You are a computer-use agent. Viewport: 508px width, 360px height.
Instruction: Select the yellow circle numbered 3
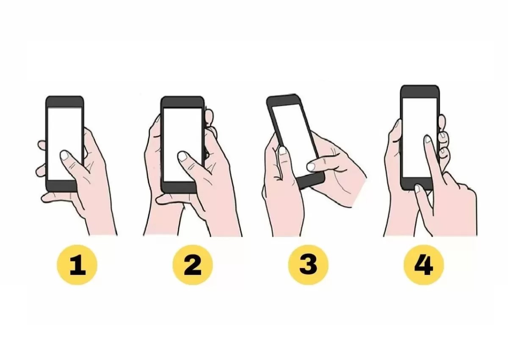point(308,264)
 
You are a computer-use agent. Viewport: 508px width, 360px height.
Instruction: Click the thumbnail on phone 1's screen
point(65,155)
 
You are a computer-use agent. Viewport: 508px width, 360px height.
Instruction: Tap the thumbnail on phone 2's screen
point(182,156)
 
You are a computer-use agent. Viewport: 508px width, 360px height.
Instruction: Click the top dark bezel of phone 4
point(420,91)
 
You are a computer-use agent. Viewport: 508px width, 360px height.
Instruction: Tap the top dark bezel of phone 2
point(182,102)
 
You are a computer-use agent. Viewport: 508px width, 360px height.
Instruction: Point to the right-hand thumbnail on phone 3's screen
point(311,166)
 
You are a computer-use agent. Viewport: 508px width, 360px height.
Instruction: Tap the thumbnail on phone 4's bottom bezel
point(417,188)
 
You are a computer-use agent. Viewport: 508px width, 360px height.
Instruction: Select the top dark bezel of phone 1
point(64,102)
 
